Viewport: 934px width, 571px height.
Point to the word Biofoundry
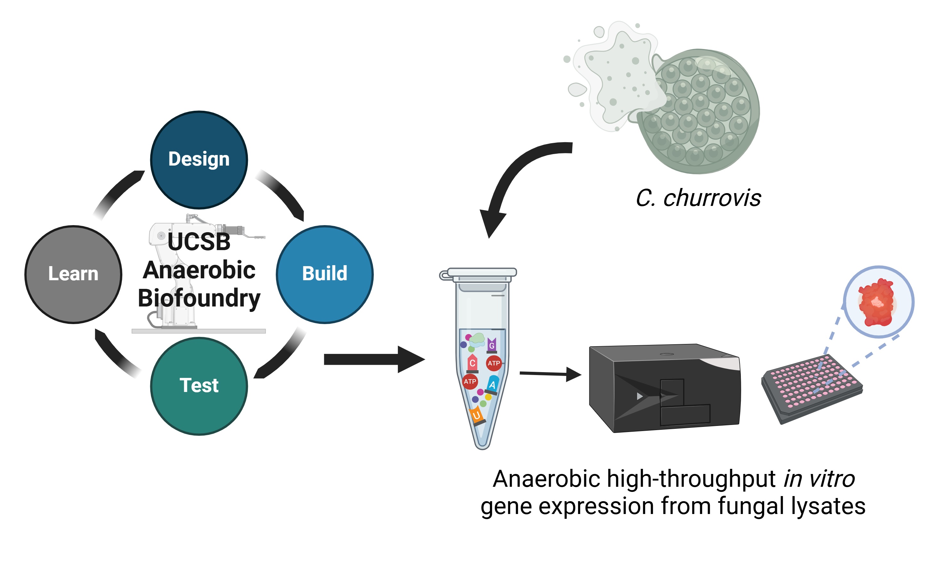point(199,298)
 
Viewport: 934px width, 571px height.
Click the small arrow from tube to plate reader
point(550,374)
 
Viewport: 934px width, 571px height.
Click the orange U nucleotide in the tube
point(477,415)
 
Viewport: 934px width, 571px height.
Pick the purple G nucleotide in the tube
point(492,345)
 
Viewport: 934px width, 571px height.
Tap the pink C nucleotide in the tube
point(472,363)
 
